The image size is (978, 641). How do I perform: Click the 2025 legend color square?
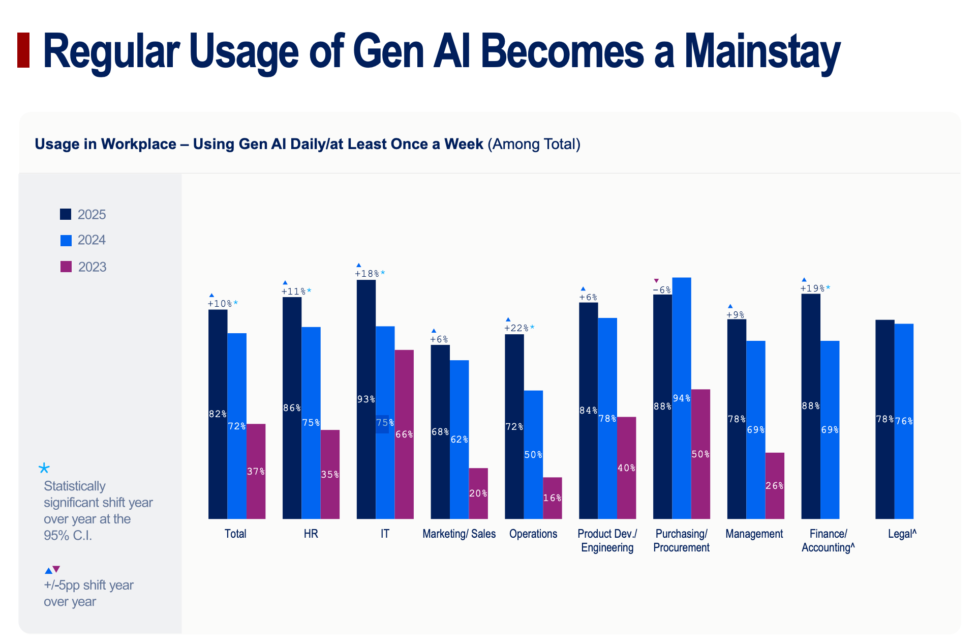(66, 214)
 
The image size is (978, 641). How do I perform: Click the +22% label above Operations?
(516, 328)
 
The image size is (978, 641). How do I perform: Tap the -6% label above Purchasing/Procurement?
(662, 290)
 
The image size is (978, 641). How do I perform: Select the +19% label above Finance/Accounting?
(813, 288)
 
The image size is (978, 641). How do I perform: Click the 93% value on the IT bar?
(366, 399)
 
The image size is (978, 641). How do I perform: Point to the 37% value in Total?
(256, 472)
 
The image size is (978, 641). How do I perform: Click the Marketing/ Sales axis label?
(459, 534)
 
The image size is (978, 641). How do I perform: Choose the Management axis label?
(754, 534)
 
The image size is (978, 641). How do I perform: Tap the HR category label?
(311, 534)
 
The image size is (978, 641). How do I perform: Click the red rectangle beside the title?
(23, 50)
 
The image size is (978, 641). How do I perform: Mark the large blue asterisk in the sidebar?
(45, 468)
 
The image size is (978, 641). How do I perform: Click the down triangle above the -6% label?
(656, 280)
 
